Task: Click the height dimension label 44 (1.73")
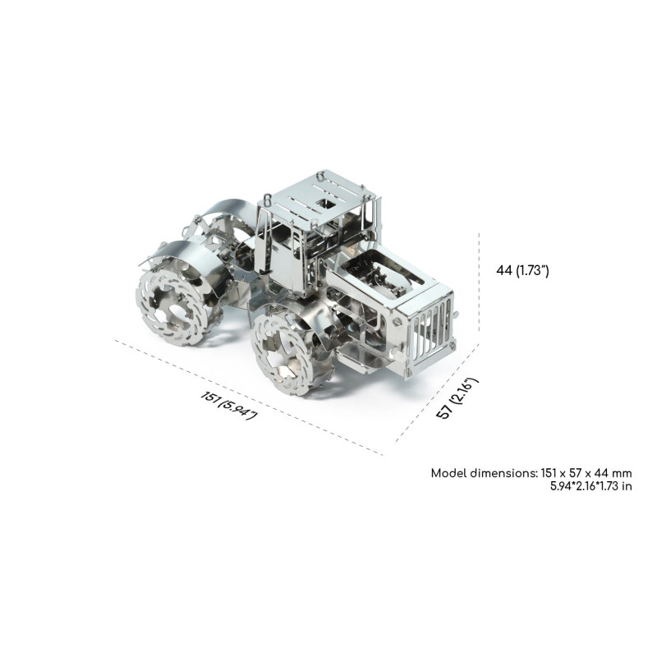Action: coord(522,271)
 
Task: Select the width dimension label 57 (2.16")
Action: coord(457,397)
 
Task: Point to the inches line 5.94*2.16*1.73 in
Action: coord(590,486)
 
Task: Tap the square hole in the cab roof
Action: coord(324,204)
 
